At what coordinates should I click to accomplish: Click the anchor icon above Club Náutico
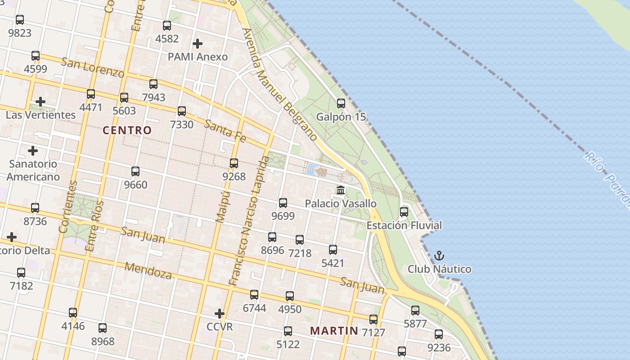click(x=439, y=256)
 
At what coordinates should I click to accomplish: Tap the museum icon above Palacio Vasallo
click(x=341, y=190)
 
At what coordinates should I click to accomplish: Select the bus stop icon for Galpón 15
click(x=341, y=103)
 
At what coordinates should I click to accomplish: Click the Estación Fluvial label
click(x=404, y=225)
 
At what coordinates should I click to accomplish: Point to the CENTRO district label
click(x=127, y=130)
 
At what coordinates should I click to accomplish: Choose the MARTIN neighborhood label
click(x=334, y=331)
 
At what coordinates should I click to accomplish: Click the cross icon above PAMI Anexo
click(x=198, y=44)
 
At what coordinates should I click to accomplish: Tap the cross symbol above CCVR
click(x=220, y=313)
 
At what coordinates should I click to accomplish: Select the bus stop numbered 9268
click(x=234, y=163)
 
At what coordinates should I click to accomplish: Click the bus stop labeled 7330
click(x=182, y=111)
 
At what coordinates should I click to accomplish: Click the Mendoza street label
click(x=148, y=270)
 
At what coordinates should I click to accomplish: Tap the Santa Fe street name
click(x=225, y=131)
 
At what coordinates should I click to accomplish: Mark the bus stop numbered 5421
click(x=333, y=250)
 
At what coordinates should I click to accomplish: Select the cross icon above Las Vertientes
click(x=40, y=102)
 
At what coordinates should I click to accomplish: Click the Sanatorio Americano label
click(x=33, y=170)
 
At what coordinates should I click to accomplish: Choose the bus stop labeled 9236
click(x=439, y=334)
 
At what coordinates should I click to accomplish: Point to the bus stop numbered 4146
click(x=73, y=313)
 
